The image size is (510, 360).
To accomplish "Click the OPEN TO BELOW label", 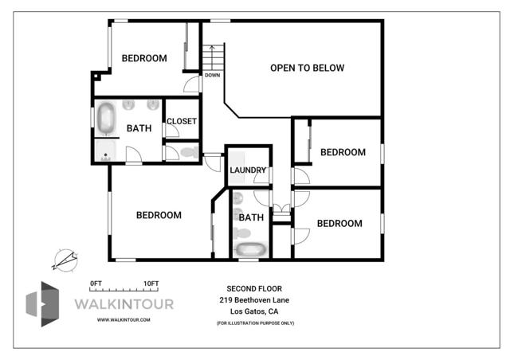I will (307, 68).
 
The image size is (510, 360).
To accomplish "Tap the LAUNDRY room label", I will (248, 170).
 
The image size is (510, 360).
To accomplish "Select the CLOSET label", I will (182, 121).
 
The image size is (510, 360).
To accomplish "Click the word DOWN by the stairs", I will (212, 76).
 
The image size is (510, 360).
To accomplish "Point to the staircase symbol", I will (213, 58).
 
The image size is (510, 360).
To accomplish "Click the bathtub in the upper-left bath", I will (106, 119).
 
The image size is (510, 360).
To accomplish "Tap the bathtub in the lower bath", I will (250, 249).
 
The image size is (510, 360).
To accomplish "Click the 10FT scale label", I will (151, 284).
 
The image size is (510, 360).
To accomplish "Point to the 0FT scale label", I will (96, 284).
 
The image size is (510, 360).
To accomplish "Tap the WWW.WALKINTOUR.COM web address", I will (124, 319).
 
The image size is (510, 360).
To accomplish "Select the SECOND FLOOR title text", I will (255, 288).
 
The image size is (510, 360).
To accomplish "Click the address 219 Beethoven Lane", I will (255, 299).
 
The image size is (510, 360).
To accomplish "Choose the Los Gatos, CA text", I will (255, 311).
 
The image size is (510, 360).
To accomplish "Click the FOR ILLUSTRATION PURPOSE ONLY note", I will (255, 323).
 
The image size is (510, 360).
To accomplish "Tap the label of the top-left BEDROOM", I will (144, 58).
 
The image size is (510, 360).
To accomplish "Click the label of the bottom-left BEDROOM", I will (159, 215).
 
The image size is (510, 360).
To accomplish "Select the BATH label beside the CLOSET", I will (139, 128).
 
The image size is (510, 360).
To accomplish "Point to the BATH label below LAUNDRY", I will (251, 217).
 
